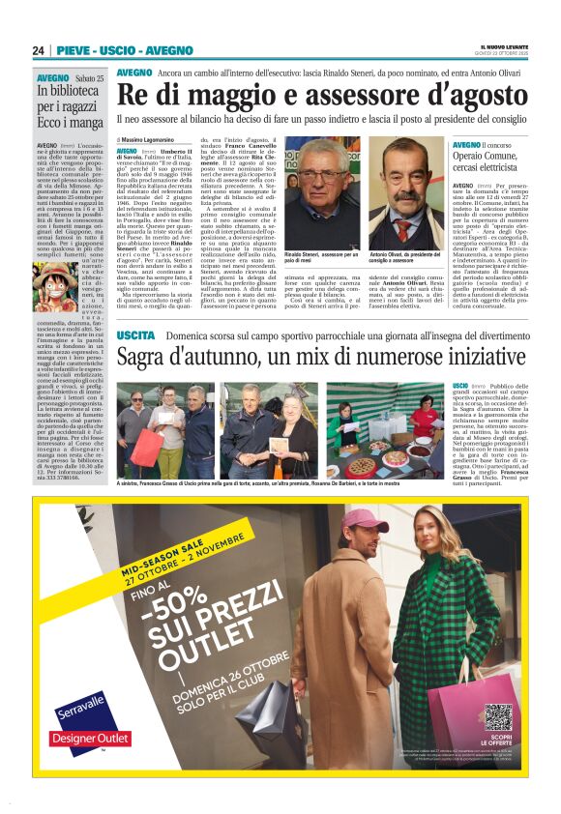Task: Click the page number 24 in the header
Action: click(38, 50)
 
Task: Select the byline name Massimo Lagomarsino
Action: click(160, 140)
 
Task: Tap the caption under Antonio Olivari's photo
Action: click(404, 258)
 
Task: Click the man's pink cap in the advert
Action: click(360, 521)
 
